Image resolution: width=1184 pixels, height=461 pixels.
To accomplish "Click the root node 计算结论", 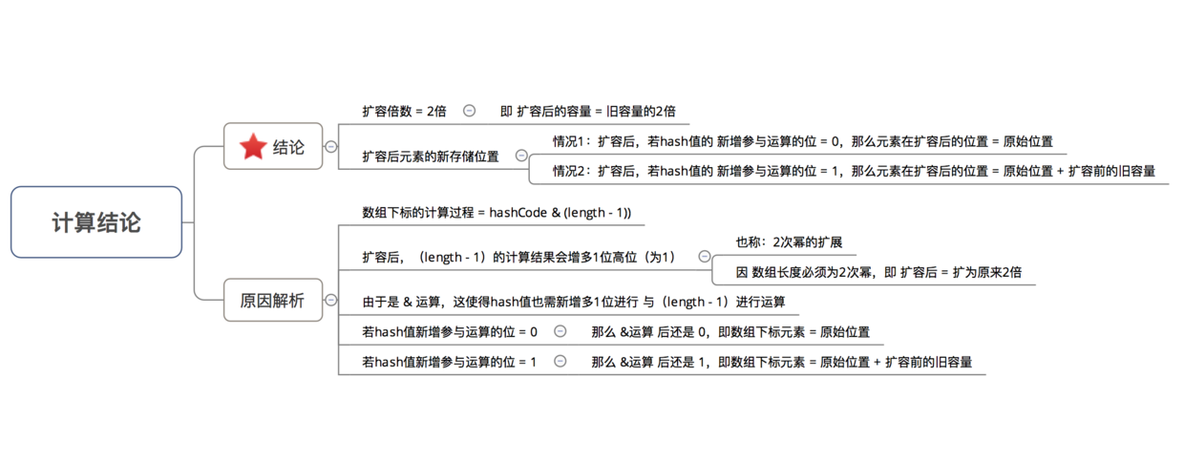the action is [96, 221].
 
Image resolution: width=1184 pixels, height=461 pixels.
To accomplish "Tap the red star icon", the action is [253, 146].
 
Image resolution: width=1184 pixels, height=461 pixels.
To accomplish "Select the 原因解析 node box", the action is [273, 300].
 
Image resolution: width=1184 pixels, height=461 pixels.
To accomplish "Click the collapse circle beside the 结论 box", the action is [331, 147].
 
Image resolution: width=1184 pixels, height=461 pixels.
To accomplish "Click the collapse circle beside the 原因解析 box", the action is [331, 300].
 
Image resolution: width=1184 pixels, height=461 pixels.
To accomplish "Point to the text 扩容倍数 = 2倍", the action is [404, 111].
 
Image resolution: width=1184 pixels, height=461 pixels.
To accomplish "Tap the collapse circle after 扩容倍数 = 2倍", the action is [470, 111].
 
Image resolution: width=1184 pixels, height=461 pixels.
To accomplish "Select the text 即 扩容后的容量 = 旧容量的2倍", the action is [588, 111].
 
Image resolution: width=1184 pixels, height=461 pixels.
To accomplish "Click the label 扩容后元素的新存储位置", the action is [431, 157].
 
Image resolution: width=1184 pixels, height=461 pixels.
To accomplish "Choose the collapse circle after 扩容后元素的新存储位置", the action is [521, 156].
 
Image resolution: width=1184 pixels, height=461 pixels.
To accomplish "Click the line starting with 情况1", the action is [803, 141].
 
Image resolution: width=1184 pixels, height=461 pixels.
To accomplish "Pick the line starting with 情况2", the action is [855, 171].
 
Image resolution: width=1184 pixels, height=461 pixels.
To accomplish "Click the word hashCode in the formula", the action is [518, 212].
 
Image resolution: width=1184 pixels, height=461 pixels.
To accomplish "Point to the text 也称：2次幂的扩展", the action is [789, 241].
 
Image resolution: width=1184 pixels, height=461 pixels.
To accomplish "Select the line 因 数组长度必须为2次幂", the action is [878, 272].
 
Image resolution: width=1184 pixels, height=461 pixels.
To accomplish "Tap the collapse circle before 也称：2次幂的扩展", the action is [705, 256].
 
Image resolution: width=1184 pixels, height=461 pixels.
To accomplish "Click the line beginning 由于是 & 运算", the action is [574, 302].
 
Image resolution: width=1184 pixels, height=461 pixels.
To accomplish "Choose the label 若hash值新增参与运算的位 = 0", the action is [450, 331].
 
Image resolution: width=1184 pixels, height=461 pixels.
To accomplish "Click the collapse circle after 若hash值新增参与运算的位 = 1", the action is [560, 361].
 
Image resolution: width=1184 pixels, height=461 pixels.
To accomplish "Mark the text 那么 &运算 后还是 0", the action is [649, 331].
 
